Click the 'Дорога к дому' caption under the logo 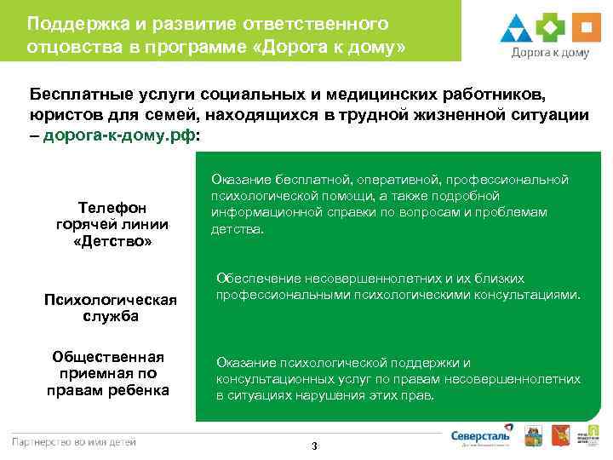click(550, 52)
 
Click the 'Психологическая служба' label click(111, 308)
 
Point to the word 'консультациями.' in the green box click(535, 295)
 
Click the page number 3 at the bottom click(314, 446)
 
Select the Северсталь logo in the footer click(481, 434)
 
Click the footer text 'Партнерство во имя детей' click(73, 440)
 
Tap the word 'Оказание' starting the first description click(239, 180)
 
